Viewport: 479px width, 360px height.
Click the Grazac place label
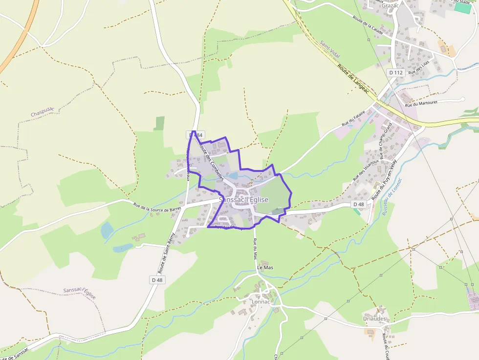coord(390,5)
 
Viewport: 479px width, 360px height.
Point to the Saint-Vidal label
coord(330,49)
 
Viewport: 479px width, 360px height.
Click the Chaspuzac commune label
coord(43,114)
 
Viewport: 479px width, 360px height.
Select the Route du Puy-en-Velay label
coord(385,180)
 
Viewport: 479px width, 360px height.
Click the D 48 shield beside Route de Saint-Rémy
coord(157,280)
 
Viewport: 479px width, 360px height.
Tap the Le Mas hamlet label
coord(264,268)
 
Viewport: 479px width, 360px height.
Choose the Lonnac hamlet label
coord(260,301)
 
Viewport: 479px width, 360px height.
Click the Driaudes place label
coord(375,318)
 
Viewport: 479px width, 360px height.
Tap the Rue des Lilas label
coord(419,67)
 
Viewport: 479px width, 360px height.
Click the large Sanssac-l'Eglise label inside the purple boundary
coord(243,200)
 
